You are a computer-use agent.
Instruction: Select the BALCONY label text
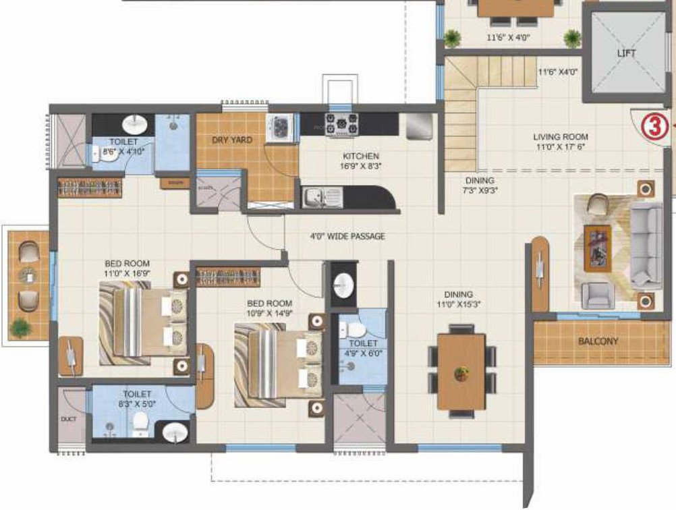(598, 341)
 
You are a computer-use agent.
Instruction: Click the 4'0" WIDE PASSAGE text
(347, 236)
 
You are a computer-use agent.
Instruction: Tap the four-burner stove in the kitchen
(341, 123)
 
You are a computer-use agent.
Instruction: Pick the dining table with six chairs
(461, 371)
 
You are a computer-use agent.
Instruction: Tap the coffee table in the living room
(597, 248)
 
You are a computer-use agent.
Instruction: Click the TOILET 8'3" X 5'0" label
(137, 398)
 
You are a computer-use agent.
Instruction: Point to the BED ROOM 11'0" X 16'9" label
(127, 268)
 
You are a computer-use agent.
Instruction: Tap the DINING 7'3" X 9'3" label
(480, 186)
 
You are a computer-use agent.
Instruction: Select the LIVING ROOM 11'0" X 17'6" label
(560, 142)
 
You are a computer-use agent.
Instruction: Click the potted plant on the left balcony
(21, 328)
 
